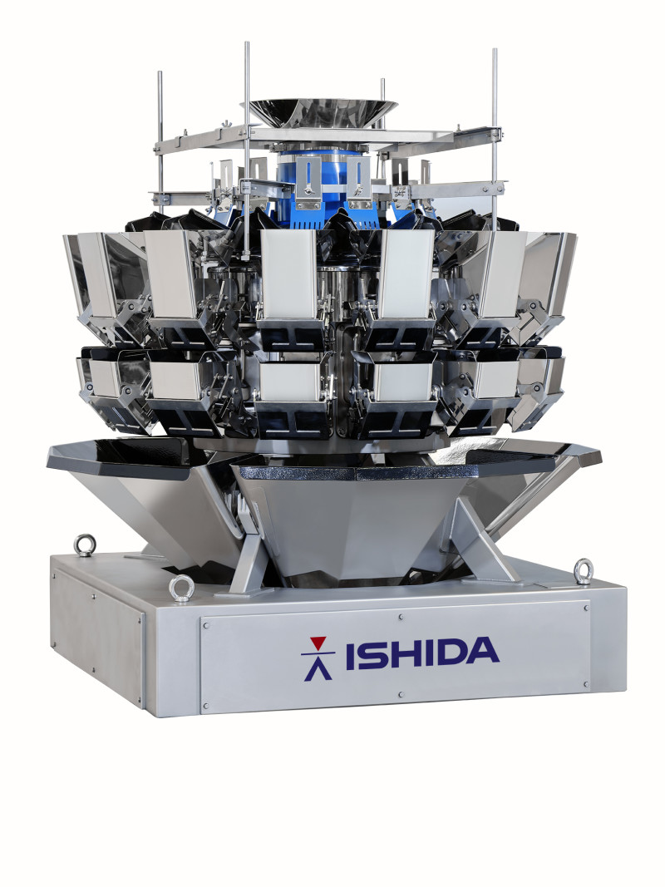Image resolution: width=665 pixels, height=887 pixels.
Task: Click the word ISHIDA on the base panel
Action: click(421, 653)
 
